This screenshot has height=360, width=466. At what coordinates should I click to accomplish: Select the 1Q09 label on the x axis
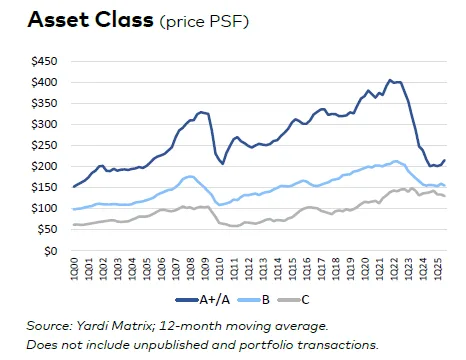click(206, 270)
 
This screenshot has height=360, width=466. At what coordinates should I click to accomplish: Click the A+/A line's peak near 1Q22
click(390, 79)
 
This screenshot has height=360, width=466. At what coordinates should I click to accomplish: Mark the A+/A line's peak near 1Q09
click(202, 112)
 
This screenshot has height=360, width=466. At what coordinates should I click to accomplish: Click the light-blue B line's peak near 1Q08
click(189, 176)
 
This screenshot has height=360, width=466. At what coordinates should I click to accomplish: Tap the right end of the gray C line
click(445, 196)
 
